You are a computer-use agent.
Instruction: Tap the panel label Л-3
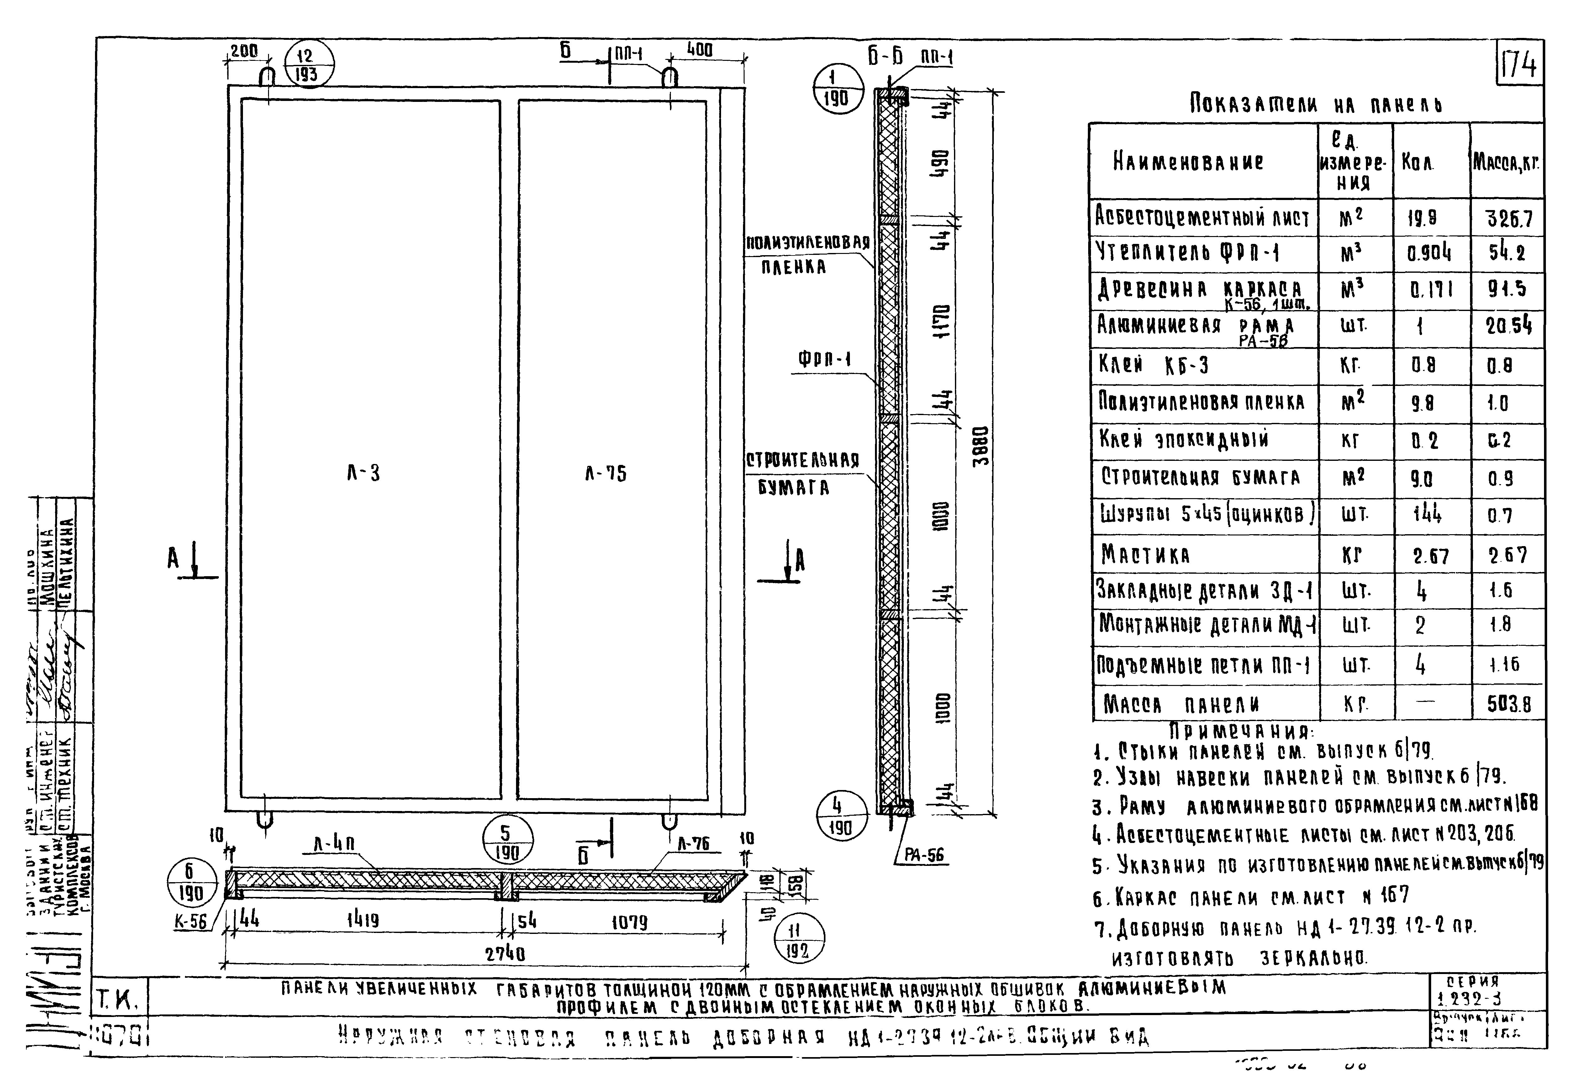pyautogui.click(x=363, y=473)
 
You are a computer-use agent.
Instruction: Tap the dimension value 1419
pyautogui.click(x=363, y=921)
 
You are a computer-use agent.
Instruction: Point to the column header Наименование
pyautogui.click(x=1188, y=162)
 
